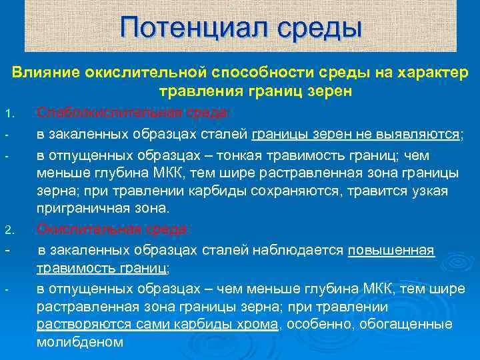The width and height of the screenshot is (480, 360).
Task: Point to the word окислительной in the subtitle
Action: point(143,71)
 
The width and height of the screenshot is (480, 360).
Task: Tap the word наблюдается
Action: point(297,251)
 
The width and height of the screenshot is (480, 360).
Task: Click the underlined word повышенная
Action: point(391,251)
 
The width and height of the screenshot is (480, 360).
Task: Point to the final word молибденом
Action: point(80,342)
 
